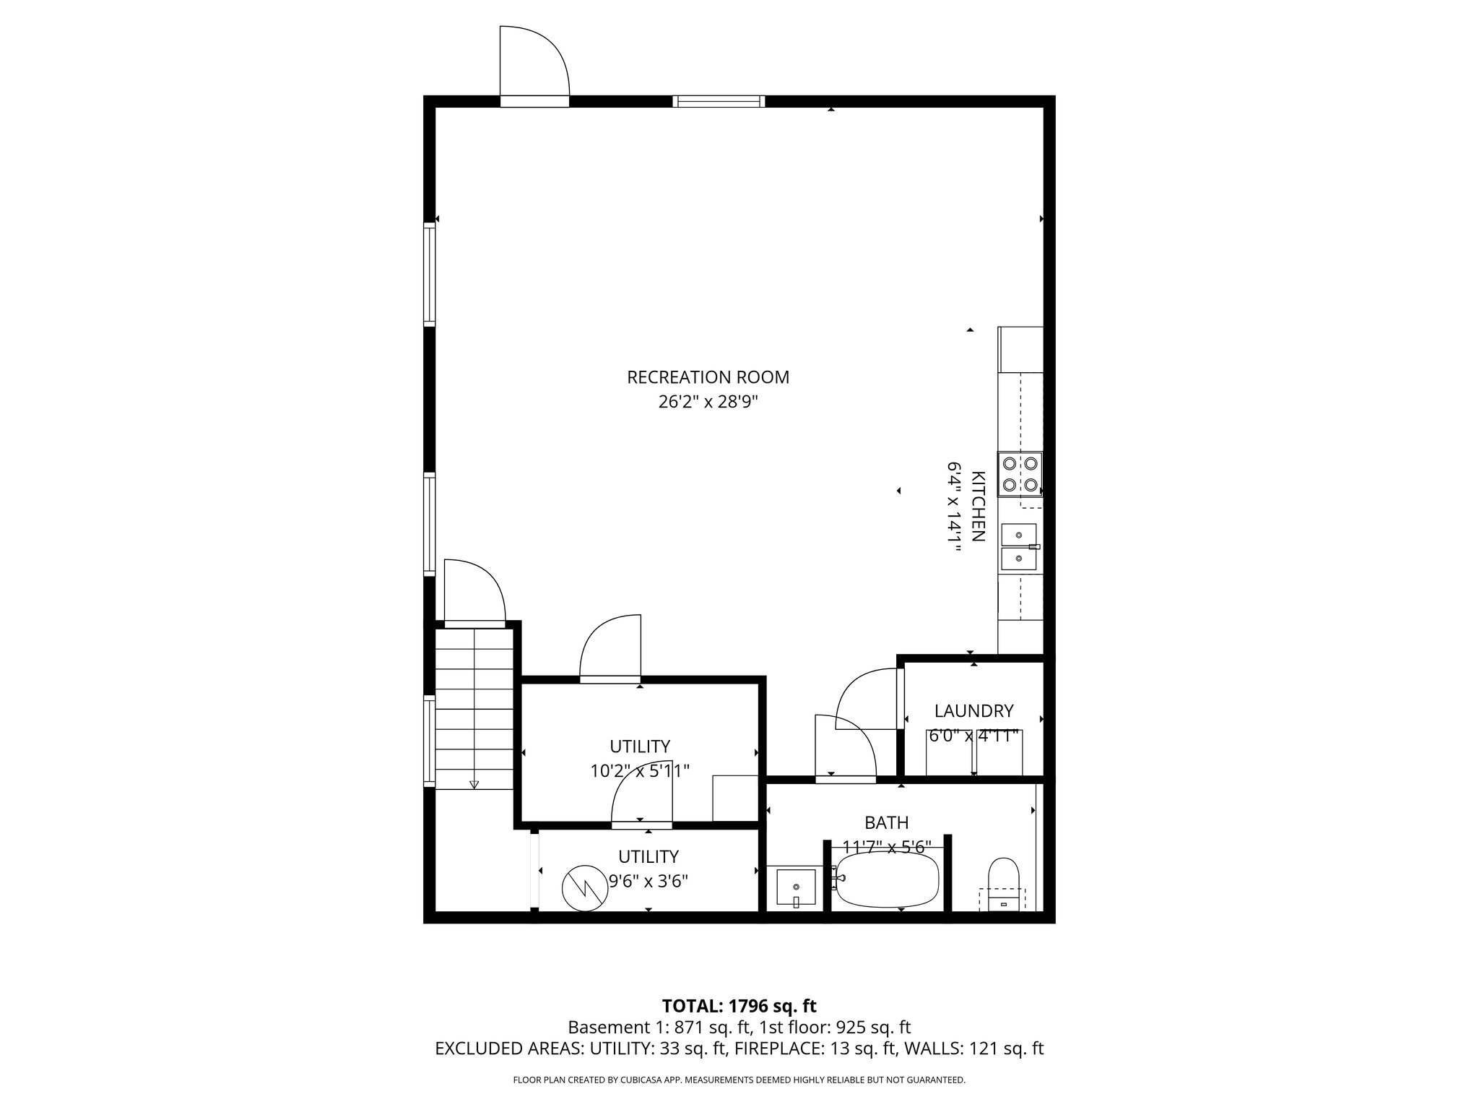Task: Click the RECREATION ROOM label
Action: [x=708, y=377]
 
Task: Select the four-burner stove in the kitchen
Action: [x=1020, y=474]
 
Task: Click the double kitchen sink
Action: [x=1019, y=546]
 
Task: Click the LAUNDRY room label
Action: [x=973, y=711]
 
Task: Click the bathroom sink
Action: [x=795, y=887]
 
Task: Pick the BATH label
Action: [x=886, y=822]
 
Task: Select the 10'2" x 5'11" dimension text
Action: [x=640, y=771]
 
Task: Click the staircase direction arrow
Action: [x=474, y=783]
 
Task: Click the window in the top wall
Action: [x=719, y=101]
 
